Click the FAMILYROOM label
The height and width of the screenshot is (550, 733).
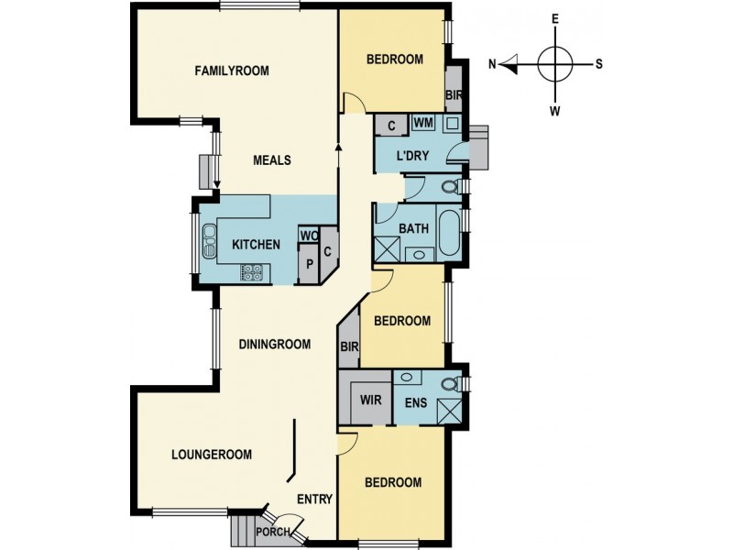point(232,71)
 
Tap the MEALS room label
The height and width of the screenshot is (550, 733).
point(272,160)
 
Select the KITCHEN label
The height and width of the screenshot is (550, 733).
point(257,245)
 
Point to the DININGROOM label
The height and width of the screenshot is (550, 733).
point(275,345)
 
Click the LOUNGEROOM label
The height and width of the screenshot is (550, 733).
point(212,455)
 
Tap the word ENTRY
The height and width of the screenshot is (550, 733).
point(315,500)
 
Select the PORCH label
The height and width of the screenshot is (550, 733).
point(273,533)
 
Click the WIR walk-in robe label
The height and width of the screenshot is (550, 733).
point(371,401)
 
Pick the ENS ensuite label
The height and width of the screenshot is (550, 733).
point(416,402)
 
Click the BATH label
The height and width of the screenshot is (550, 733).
point(414,228)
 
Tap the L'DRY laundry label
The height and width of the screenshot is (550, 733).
point(412,156)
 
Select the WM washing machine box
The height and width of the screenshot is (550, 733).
point(423,123)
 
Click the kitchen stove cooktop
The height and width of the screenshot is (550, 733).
point(252,272)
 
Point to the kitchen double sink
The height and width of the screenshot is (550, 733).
point(209,241)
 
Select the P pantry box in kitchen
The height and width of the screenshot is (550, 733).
point(309,265)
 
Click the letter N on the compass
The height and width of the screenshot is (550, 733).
point(492,64)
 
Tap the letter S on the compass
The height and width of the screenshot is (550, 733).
point(599,64)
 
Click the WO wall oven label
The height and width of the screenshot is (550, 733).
point(309,236)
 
